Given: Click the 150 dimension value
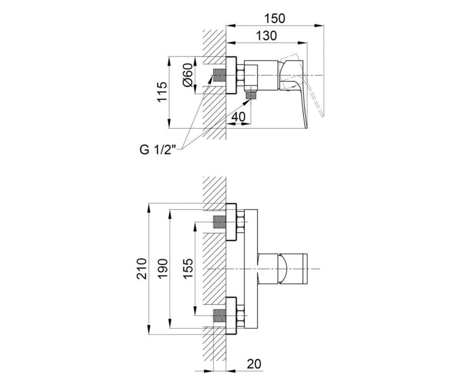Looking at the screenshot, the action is pyautogui.click(x=275, y=18).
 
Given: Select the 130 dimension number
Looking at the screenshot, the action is pyautogui.click(x=266, y=36).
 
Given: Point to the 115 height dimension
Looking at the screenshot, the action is pyautogui.click(x=162, y=92).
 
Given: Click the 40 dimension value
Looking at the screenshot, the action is pyautogui.click(x=238, y=117).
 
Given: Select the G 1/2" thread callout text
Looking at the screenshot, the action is pyautogui.click(x=157, y=150).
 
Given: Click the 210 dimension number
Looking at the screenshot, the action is pyautogui.click(x=141, y=269).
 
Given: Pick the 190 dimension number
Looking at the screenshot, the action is pyautogui.click(x=163, y=269).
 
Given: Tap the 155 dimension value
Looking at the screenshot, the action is pyautogui.click(x=188, y=269).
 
